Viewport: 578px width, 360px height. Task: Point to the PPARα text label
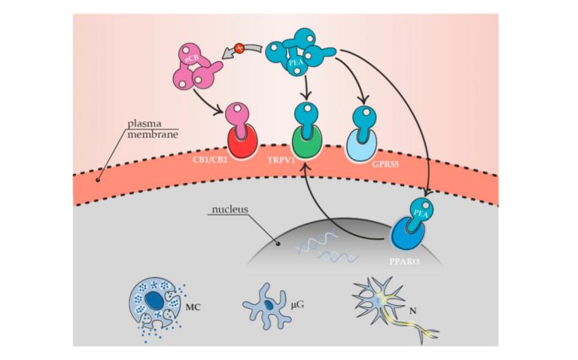tap(421, 259)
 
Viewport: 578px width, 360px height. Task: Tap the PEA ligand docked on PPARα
tap(420, 209)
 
